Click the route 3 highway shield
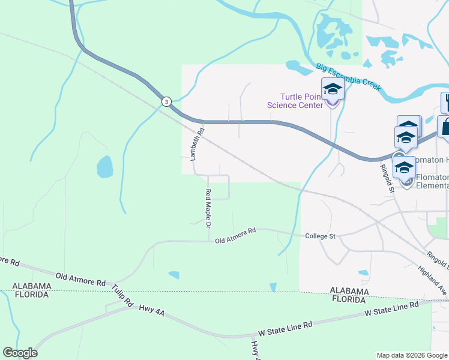tap(166, 101)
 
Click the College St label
tap(320, 236)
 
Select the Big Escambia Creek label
tap(348, 77)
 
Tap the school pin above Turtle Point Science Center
tap(333, 90)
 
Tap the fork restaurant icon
tap(445, 102)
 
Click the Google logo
tap(20, 353)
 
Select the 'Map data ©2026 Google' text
tap(411, 355)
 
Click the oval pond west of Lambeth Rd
tap(104, 167)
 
